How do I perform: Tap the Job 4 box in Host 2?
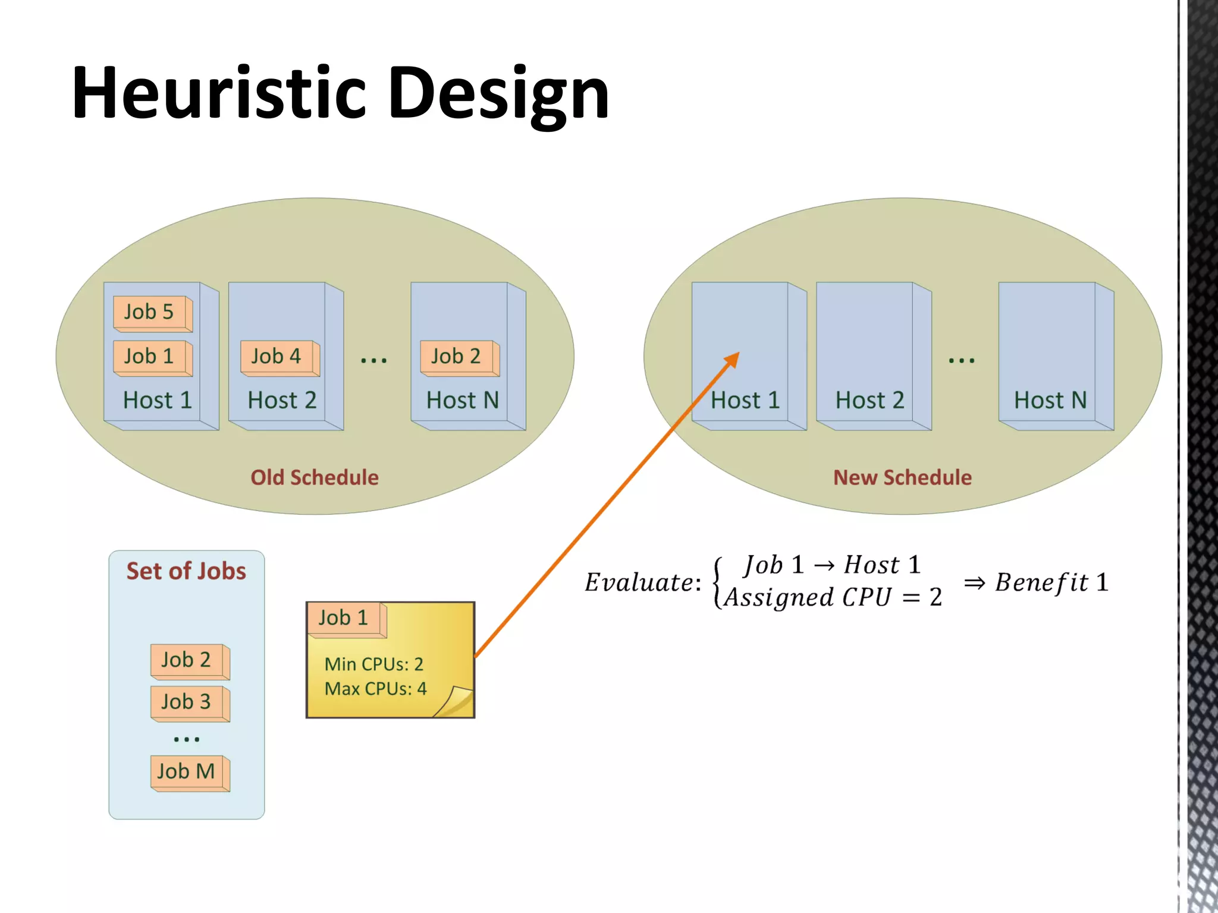pyautogui.click(x=278, y=357)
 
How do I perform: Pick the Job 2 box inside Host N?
pyautogui.click(x=457, y=357)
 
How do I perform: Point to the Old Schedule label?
pyautogui.click(x=314, y=477)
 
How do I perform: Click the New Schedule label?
pyautogui.click(x=902, y=477)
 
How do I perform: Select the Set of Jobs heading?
pyautogui.click(x=186, y=571)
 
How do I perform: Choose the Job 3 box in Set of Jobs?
pyautogui.click(x=189, y=702)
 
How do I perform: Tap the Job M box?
pyautogui.click(x=188, y=772)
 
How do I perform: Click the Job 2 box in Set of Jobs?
pyautogui.click(x=189, y=660)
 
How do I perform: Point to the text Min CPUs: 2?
pyautogui.click(x=373, y=664)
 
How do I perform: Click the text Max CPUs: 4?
pyautogui.click(x=375, y=689)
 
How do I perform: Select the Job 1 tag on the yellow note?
pyautogui.click(x=345, y=618)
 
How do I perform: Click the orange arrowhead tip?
pyautogui.click(x=737, y=354)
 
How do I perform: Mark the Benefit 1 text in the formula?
pyautogui.click(x=1051, y=583)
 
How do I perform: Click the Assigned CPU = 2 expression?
pyautogui.click(x=833, y=597)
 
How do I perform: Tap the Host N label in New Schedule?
pyautogui.click(x=1050, y=401)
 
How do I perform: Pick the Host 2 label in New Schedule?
pyautogui.click(x=869, y=401)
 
